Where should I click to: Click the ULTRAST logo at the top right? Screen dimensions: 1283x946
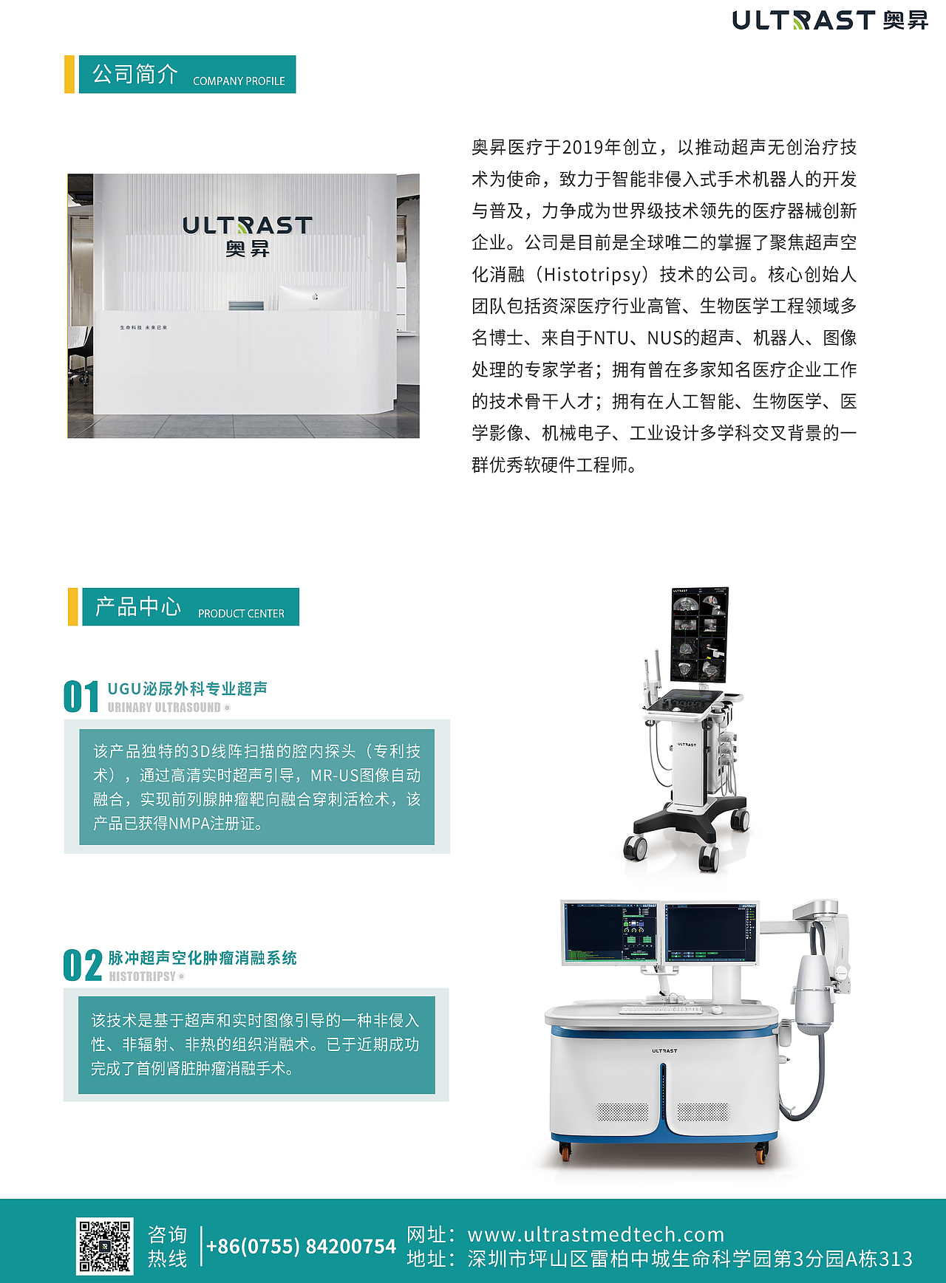pyautogui.click(x=829, y=20)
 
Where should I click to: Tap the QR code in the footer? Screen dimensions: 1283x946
pyautogui.click(x=105, y=1246)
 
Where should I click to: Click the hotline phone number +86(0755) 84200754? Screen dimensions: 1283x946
pyautogui.click(x=301, y=1247)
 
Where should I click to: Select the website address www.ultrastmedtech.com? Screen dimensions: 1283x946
pyautogui.click(x=596, y=1234)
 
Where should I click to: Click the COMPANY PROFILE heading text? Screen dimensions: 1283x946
pyautogui.click(x=239, y=81)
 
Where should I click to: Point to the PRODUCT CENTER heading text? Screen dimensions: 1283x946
pyautogui.click(x=241, y=614)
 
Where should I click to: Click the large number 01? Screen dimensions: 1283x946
pyautogui.click(x=81, y=697)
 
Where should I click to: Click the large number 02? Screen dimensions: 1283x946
pyautogui.click(x=82, y=966)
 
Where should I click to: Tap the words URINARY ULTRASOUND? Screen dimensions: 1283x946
pyautogui.click(x=164, y=708)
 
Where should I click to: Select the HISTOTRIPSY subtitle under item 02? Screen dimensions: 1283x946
pyautogui.click(x=143, y=976)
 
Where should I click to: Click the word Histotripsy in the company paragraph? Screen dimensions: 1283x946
pyautogui.click(x=593, y=275)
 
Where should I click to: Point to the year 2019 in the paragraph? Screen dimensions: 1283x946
pyautogui.click(x=583, y=148)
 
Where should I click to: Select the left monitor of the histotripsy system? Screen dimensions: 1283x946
pyautogui.click(x=610, y=933)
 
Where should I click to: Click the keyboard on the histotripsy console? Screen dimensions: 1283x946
pyautogui.click(x=659, y=1009)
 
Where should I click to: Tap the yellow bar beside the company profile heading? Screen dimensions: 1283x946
pyautogui.click(x=69, y=75)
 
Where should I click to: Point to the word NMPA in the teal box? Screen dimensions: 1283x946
pyautogui.click(x=188, y=824)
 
